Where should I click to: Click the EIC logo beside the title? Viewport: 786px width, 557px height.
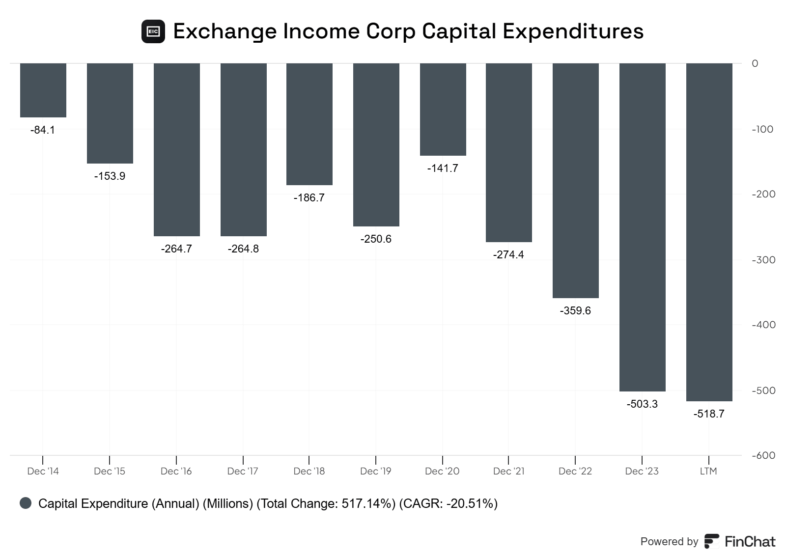click(153, 31)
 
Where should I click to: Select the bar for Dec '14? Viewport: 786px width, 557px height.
click(43, 90)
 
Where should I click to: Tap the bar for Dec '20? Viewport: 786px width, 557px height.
click(443, 109)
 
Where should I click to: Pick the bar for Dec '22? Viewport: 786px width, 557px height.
click(575, 180)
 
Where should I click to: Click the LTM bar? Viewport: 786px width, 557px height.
click(709, 232)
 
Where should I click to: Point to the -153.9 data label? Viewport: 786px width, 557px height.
click(110, 176)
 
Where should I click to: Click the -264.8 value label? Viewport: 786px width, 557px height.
click(243, 249)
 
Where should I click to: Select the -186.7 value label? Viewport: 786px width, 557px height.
click(309, 198)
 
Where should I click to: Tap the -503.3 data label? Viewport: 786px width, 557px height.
click(642, 404)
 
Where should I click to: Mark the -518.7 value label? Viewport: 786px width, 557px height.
click(709, 414)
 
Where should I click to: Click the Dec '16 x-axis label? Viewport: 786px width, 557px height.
click(176, 472)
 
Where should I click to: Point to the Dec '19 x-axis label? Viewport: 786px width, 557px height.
click(376, 472)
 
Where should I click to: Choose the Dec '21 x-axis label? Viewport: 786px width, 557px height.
click(509, 472)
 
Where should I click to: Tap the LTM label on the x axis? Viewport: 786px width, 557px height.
click(708, 472)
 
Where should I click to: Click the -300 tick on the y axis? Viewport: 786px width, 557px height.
click(763, 260)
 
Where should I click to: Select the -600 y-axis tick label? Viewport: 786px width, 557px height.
click(763, 455)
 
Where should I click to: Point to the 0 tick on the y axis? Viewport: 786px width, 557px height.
click(755, 63)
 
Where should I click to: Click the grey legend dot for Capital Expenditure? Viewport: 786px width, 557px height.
click(26, 503)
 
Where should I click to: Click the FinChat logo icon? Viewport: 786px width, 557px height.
click(711, 541)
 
